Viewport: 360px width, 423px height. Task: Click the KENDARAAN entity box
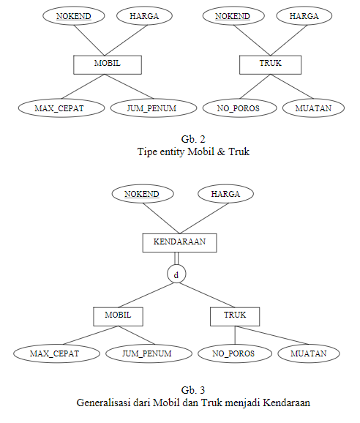coord(179,242)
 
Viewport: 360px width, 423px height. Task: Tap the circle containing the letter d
coord(176,274)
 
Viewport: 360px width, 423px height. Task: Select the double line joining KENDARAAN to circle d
coord(176,258)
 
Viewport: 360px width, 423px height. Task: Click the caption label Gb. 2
coord(193,138)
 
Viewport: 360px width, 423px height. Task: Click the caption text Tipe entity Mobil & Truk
coord(193,152)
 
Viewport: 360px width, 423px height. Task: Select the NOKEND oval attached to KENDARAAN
coord(142,194)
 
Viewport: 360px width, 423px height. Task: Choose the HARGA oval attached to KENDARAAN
coord(225,194)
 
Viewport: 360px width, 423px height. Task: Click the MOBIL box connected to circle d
coord(117,315)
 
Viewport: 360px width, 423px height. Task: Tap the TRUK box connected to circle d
coord(234,315)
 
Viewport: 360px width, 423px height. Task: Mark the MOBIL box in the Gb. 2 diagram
coord(107,64)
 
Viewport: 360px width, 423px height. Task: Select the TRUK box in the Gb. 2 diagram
coord(271,64)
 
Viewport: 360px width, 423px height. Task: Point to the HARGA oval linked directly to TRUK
coord(304,16)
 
